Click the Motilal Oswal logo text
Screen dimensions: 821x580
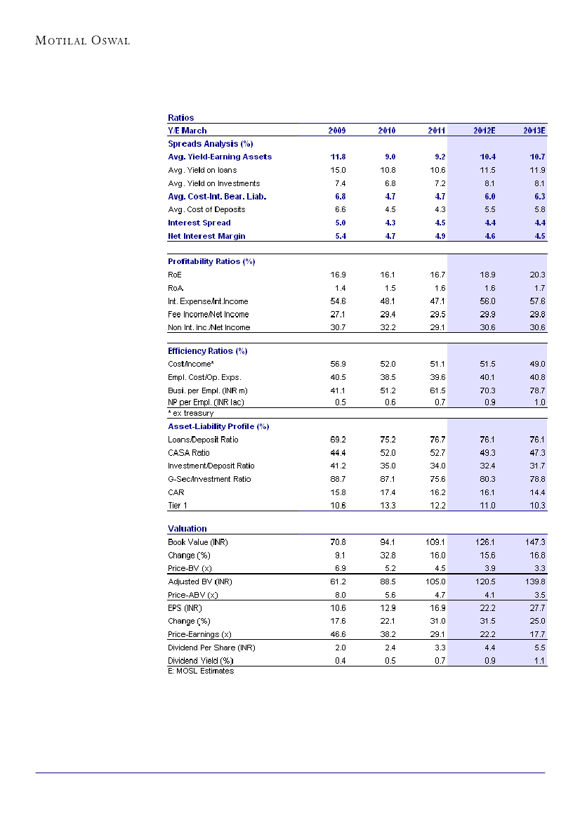[x=83, y=40]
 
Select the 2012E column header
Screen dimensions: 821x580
[x=484, y=131]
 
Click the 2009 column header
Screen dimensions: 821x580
[x=337, y=131]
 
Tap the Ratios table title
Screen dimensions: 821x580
[x=180, y=117]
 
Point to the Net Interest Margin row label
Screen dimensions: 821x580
[x=206, y=236]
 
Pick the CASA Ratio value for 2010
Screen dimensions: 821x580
[x=387, y=453]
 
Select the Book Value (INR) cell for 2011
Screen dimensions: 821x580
[x=436, y=542]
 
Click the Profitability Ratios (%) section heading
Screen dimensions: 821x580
[x=211, y=261]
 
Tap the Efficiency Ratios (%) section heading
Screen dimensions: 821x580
[x=207, y=350]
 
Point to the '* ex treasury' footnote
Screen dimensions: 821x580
[x=190, y=414]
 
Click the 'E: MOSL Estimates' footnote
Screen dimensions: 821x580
[x=201, y=671]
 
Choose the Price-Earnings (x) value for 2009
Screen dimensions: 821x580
[x=338, y=634]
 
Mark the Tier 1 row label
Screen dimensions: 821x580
[x=177, y=505]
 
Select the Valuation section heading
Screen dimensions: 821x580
[x=187, y=528]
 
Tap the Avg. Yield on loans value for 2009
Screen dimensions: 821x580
[x=338, y=170]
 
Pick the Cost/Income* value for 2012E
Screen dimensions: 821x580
[x=486, y=364]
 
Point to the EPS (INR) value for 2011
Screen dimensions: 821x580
[x=437, y=608]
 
